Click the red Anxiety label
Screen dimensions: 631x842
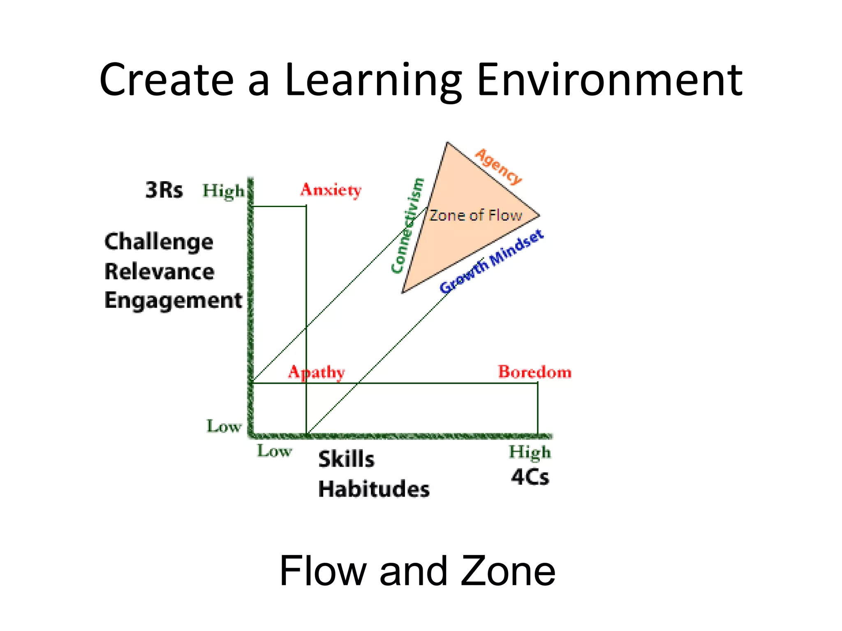331,190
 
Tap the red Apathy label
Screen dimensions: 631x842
316,372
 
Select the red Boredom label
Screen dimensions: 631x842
534,372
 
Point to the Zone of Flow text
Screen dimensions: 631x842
475,215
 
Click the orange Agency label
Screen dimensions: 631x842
498,166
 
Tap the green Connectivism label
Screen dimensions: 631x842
407,226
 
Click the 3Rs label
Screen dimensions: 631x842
164,190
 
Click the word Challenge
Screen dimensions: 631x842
159,242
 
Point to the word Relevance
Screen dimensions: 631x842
159,272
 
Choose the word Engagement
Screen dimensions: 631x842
173,301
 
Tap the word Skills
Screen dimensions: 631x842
346,459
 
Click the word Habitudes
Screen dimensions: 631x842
374,489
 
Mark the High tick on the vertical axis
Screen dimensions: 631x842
223,191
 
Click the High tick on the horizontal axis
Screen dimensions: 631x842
530,452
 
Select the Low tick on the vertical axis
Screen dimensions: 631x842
224,426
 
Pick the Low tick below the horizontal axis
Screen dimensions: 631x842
274,451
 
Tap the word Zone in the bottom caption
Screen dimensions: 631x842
508,571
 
